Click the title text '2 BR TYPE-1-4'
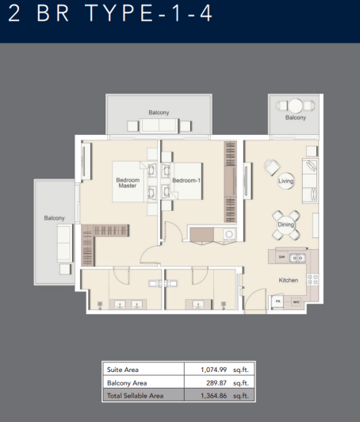pyautogui.click(x=112, y=17)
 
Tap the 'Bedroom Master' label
pyautogui.click(x=128, y=183)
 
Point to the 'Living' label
pyautogui.click(x=286, y=182)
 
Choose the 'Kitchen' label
pyautogui.click(x=287, y=281)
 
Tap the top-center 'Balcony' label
pyautogui.click(x=159, y=113)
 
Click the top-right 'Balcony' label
pyautogui.click(x=295, y=118)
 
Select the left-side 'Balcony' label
pyautogui.click(x=54, y=217)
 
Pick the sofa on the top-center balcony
pyautogui.click(x=159, y=125)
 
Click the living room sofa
pyautogui.click(x=310, y=179)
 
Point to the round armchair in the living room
pyautogui.click(x=271, y=168)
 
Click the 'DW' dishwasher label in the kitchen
pyautogui.click(x=282, y=256)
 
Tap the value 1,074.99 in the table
pyautogui.click(x=213, y=370)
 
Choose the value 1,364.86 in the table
pyautogui.click(x=213, y=395)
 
